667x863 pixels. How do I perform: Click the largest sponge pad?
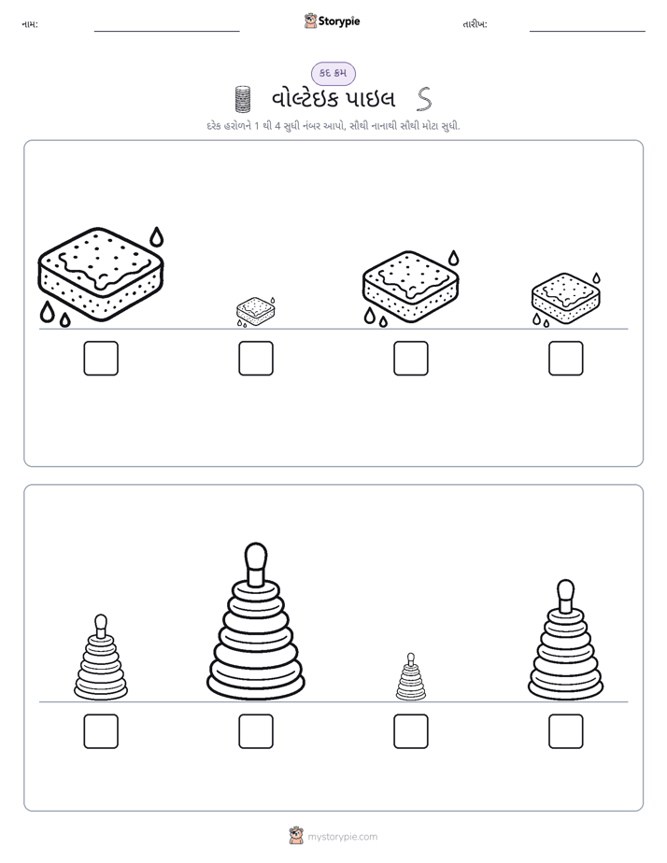click(101, 274)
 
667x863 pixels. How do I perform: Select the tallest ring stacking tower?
click(255, 621)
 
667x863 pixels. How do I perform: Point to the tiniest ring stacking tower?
click(410, 677)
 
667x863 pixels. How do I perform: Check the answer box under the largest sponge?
click(101, 359)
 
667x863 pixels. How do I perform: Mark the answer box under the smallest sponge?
click(256, 359)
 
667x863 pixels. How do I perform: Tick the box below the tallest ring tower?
click(256, 731)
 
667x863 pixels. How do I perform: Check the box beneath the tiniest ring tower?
click(411, 731)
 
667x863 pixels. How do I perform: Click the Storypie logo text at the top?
click(339, 21)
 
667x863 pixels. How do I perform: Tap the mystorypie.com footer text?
click(342, 837)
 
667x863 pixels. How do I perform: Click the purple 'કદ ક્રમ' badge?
click(333, 73)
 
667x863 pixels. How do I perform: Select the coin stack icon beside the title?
click(243, 99)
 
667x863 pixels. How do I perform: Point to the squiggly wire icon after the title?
click(424, 99)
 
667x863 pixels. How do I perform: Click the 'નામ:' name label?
click(30, 24)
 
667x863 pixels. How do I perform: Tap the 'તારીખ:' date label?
click(475, 24)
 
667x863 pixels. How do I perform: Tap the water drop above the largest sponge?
click(157, 236)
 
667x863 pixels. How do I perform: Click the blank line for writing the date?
click(588, 32)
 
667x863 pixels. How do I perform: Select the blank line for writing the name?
click(166, 32)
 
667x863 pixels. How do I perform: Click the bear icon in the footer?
click(296, 836)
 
